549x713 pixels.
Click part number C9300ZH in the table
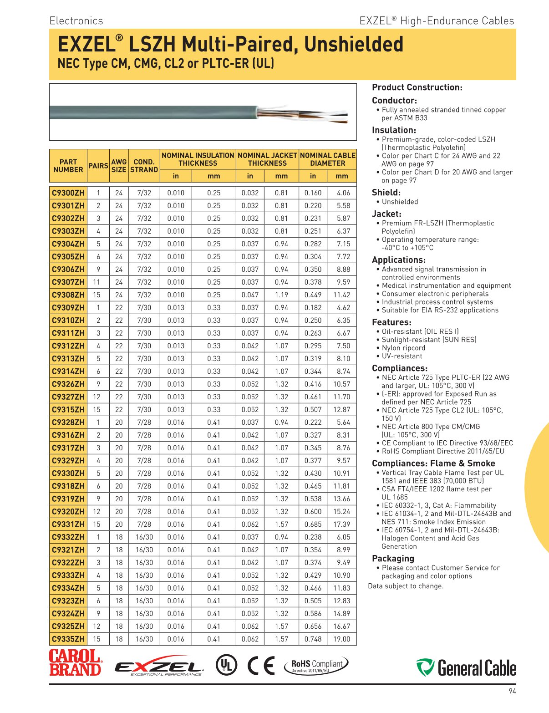[x=68, y=193]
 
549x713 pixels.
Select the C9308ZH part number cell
[x=68, y=295]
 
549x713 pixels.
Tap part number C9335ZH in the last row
[x=68, y=639]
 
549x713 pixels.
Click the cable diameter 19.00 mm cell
[x=341, y=639]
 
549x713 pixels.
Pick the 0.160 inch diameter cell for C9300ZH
[x=313, y=193]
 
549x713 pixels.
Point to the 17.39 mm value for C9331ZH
[x=341, y=525]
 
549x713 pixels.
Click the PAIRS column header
[x=98, y=166]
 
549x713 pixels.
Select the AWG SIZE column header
[x=119, y=166]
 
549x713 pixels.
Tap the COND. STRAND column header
[x=144, y=166]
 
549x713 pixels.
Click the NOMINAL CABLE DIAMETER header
[x=328, y=159]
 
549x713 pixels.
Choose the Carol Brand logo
[x=76, y=663]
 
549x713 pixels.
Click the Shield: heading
[x=386, y=193]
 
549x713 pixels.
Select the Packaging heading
[x=393, y=559]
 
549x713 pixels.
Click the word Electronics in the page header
[x=76, y=21]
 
